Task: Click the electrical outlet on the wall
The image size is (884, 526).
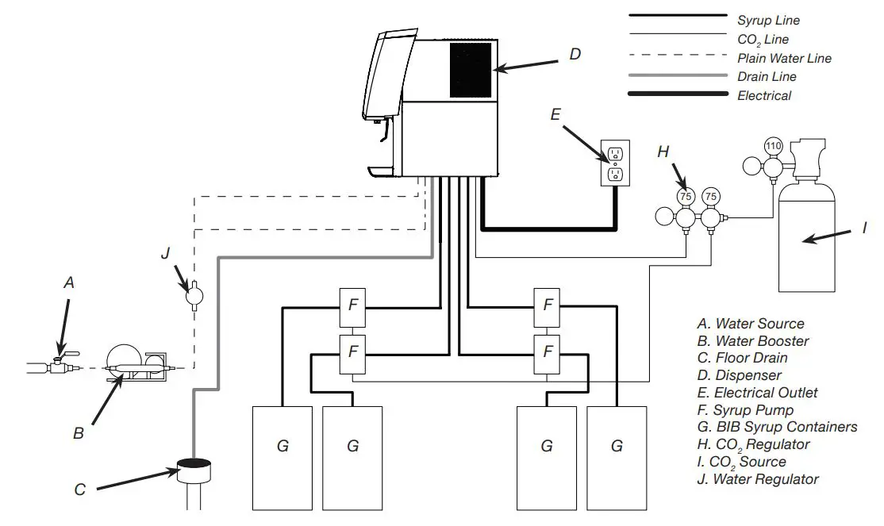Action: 615,164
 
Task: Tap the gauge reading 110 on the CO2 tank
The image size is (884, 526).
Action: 773,146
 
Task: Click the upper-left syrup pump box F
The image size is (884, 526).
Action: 352,304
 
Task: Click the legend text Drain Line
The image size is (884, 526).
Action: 767,77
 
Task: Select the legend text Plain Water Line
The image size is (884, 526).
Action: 784,58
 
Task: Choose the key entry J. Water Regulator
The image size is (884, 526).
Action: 757,479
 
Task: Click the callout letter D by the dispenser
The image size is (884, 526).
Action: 575,54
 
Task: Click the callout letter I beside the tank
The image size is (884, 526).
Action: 864,228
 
